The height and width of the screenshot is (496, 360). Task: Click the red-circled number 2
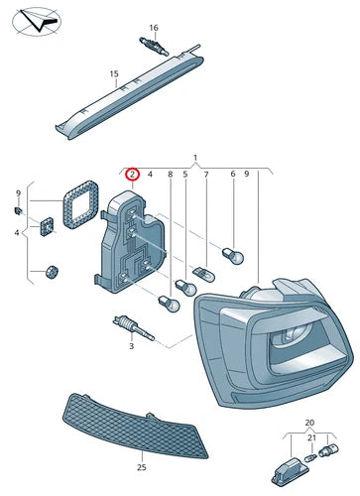[132, 175]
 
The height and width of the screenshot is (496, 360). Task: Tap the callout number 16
[154, 28]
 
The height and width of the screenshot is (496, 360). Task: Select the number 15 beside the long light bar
[114, 74]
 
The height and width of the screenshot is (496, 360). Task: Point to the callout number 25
[142, 467]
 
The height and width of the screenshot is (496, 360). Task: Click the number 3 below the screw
[131, 346]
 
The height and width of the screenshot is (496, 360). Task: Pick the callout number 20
[309, 423]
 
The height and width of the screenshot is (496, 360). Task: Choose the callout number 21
[312, 438]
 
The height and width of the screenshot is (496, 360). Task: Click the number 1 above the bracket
[195, 158]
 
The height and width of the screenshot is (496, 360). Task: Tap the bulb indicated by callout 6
[234, 256]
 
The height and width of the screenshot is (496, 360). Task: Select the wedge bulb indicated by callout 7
[205, 275]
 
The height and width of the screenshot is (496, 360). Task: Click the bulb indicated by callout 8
[170, 304]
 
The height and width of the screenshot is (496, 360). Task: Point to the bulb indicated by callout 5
[185, 288]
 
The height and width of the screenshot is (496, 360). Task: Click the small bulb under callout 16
[154, 47]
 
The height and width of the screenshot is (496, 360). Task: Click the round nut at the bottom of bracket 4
[52, 272]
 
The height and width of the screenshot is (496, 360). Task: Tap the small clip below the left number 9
[18, 210]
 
